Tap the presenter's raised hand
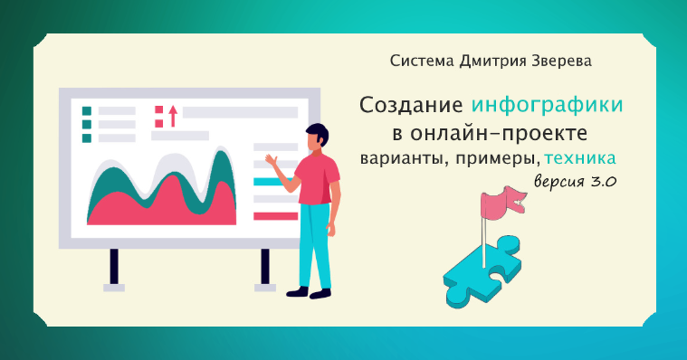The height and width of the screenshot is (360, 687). click(x=270, y=160)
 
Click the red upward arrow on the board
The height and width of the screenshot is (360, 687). click(x=172, y=115)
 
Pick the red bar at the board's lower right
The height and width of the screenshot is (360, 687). click(x=275, y=215)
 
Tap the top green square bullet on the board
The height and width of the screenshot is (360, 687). click(x=87, y=111)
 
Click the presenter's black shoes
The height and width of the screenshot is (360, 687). click(x=308, y=292)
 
